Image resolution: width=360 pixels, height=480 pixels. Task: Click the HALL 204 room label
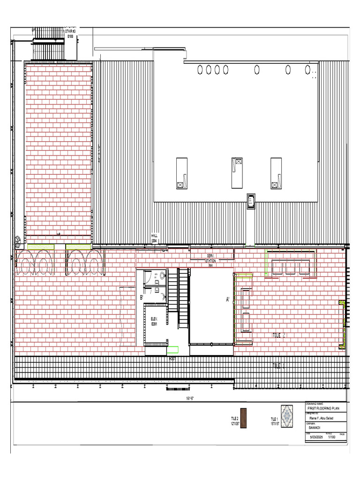pos(155,239)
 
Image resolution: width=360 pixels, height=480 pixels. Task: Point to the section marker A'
pos(228,300)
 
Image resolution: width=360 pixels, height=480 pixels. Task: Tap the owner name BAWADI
pos(314,427)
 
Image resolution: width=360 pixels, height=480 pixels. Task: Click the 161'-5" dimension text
pos(190,398)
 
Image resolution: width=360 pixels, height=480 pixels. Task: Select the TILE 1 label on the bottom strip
pos(278,365)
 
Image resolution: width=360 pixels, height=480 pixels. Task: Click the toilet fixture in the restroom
pos(163,276)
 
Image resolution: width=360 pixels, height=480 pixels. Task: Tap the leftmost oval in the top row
pos(200,70)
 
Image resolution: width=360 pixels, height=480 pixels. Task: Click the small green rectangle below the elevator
pos(173,349)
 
